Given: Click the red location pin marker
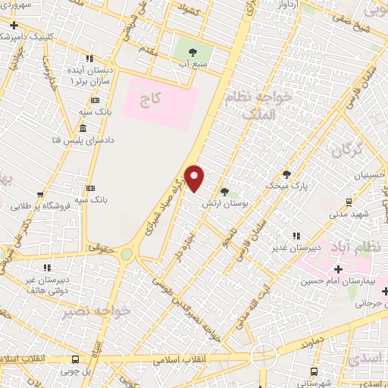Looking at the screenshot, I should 195,179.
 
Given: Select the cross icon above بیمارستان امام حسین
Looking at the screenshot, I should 338,269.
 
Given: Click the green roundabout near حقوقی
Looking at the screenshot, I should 126,255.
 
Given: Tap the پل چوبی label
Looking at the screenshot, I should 76,371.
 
